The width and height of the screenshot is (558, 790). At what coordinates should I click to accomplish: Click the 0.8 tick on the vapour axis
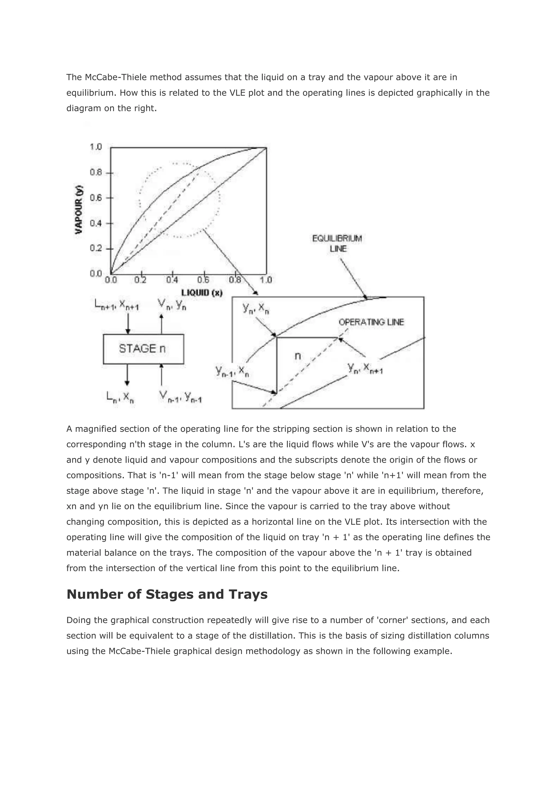(x=96, y=172)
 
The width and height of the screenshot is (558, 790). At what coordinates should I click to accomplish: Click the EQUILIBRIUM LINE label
(x=337, y=243)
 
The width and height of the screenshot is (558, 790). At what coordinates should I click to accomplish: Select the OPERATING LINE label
(x=371, y=322)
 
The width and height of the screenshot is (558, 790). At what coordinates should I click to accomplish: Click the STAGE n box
(x=143, y=349)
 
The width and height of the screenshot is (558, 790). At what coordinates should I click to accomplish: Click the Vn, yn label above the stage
(x=172, y=304)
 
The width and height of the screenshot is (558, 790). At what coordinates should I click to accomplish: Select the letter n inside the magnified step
(x=298, y=356)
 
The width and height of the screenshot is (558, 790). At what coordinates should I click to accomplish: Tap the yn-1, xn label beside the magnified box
(x=232, y=372)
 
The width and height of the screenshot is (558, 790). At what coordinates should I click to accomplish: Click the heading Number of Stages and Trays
(x=167, y=594)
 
